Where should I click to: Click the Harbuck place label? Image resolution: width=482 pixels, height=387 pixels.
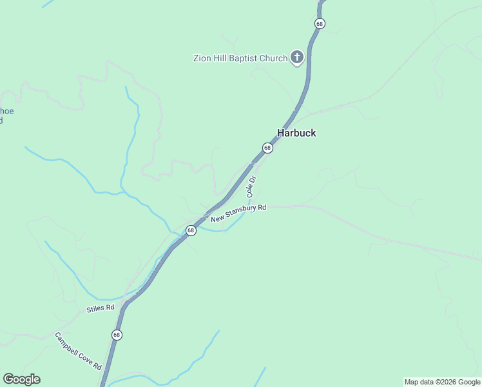[296, 133]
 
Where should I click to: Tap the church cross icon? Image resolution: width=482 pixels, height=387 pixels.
[297, 58]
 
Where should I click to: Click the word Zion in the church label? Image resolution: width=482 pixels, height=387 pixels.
[203, 58]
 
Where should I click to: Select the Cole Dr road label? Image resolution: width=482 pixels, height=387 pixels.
[252, 186]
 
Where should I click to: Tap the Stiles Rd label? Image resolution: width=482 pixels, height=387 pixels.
[101, 308]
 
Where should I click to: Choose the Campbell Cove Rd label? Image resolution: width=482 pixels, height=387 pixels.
[78, 351]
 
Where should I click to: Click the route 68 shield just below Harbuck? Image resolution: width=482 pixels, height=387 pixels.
[267, 148]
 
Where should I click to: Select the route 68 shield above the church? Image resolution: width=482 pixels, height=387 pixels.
[320, 23]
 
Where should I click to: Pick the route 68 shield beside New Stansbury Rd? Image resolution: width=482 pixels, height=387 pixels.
[191, 230]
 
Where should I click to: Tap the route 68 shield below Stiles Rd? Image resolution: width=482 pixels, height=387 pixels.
[117, 335]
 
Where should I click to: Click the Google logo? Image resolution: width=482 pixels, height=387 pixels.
[21, 379]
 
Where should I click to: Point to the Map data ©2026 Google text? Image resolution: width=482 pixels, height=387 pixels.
[442, 382]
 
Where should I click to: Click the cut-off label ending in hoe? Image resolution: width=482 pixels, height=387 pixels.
[6, 111]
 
